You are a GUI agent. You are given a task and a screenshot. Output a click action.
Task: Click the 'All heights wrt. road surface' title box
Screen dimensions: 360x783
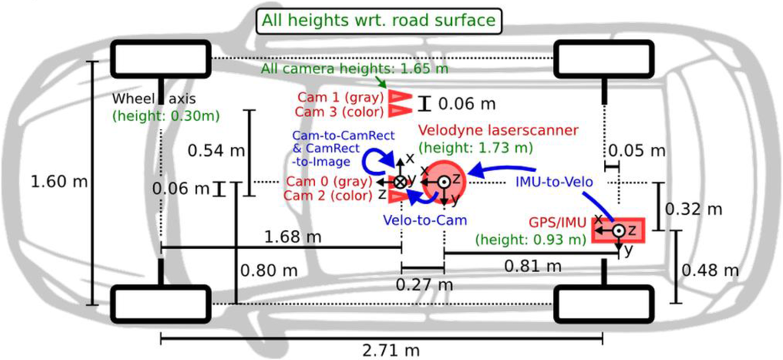(379, 19)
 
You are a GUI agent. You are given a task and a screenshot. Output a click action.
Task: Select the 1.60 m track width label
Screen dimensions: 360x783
(58, 182)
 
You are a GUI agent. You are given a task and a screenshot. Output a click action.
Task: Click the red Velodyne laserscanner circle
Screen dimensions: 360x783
(444, 181)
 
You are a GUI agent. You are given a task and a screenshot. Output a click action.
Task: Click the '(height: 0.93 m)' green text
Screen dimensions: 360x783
(530, 240)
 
